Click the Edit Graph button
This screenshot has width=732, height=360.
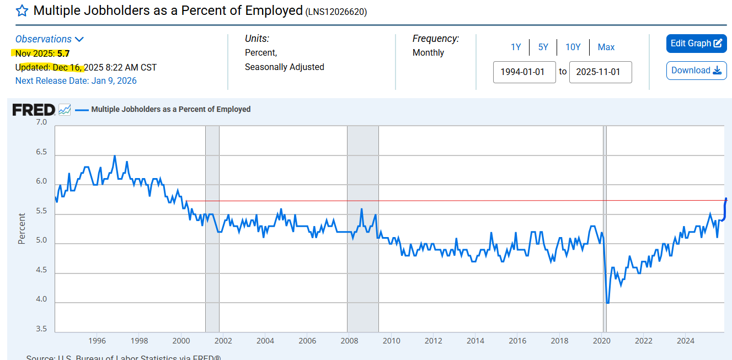click(696, 44)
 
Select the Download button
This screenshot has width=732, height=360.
click(696, 71)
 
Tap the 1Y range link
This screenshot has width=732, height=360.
click(516, 47)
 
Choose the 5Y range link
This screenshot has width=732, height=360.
click(543, 47)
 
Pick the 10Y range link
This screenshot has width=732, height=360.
click(573, 47)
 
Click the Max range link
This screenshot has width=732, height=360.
click(606, 47)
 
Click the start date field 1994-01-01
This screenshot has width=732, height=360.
click(524, 72)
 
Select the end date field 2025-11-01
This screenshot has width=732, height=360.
click(600, 72)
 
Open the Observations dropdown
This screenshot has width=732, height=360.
click(49, 39)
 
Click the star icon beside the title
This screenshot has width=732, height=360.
click(22, 11)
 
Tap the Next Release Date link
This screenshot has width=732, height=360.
click(76, 81)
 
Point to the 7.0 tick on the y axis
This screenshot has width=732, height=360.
click(41, 122)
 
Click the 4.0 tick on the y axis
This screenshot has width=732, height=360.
click(41, 300)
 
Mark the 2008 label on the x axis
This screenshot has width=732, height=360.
click(349, 341)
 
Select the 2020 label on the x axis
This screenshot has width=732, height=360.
click(601, 341)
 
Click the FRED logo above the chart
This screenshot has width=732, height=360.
click(34, 110)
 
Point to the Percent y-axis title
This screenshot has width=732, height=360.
click(22, 228)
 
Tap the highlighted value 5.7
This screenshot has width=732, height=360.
click(63, 53)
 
